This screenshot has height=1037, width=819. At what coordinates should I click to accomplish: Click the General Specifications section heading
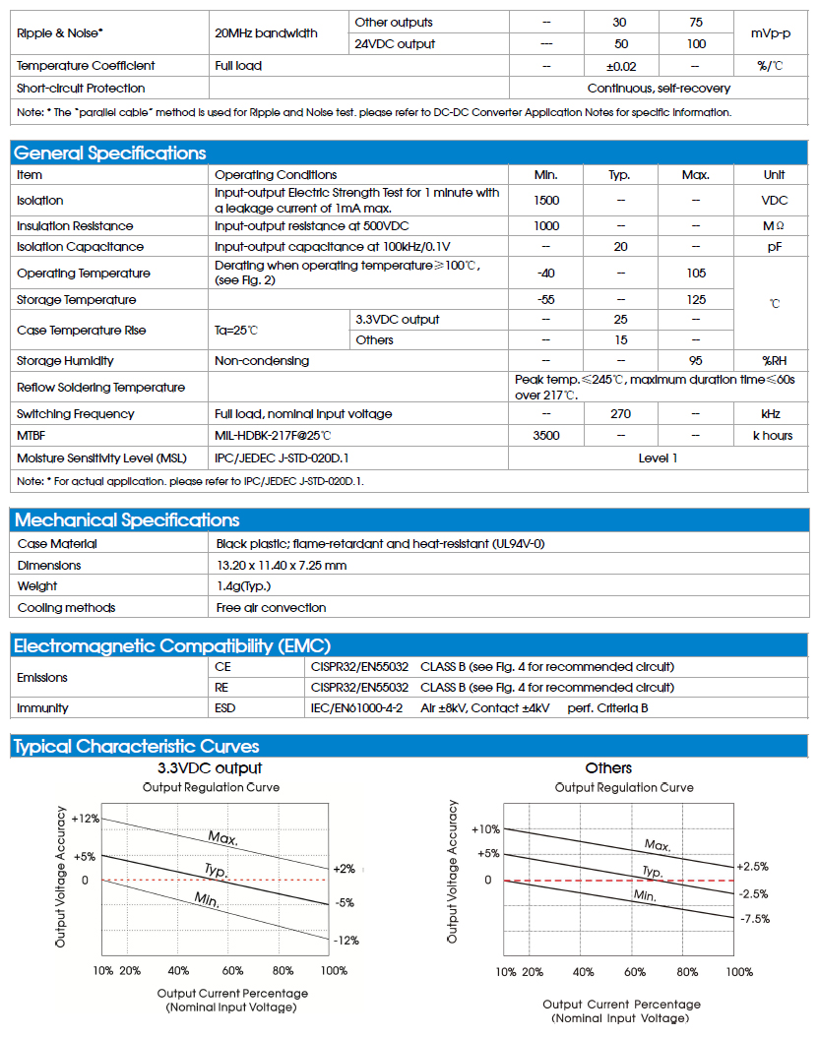(110, 153)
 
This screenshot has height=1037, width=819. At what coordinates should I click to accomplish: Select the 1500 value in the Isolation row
(545, 201)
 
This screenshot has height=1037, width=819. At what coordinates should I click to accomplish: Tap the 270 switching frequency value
(620, 414)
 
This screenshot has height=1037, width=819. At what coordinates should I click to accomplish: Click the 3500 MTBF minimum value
(545, 436)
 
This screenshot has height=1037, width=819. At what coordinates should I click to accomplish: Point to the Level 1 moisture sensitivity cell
(658, 457)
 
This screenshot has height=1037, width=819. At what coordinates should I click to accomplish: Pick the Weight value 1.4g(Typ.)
(243, 586)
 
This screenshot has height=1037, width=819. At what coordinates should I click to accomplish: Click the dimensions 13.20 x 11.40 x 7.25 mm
(282, 566)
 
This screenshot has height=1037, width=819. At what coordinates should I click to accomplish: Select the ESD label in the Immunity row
(225, 708)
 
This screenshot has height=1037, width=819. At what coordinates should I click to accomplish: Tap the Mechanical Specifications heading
(127, 520)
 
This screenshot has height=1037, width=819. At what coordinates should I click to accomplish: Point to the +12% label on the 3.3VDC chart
(85, 820)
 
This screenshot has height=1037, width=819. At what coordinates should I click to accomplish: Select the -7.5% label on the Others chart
(754, 919)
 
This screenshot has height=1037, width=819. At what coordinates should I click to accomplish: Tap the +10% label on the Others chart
(486, 829)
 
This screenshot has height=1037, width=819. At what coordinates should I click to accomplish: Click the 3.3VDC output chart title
(210, 768)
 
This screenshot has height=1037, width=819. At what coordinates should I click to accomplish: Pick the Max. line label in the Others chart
(658, 845)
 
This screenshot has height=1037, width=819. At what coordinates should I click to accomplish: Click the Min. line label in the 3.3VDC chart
(207, 899)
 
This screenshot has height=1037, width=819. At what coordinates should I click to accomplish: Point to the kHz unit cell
(773, 414)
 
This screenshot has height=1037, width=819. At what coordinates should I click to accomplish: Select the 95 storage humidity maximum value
(696, 361)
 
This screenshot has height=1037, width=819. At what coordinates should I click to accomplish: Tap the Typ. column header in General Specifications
(620, 175)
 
